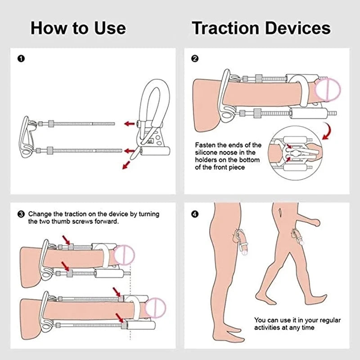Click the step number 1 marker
click(x=20, y=58)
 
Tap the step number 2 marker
click(x=195, y=58)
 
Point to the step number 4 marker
click(x=195, y=214)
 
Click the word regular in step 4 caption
click(x=328, y=320)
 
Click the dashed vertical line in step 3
click(x=130, y=306)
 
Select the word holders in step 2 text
click(x=207, y=160)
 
